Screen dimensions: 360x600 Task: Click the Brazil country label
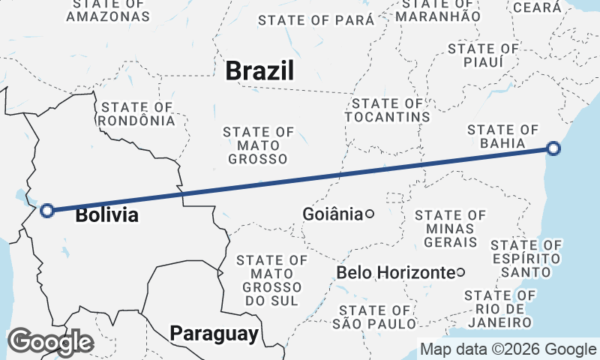pos(259,71)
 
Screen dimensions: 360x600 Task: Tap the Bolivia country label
pos(107,215)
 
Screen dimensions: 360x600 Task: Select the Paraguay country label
pos(214,333)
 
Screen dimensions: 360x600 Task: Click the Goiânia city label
pos(332,214)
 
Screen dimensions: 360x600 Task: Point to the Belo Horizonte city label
pos(396,271)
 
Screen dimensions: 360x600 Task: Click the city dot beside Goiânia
pos(370,214)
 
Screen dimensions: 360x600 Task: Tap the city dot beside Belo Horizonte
pos(460,271)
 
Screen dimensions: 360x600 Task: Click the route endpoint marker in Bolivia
pos(47,211)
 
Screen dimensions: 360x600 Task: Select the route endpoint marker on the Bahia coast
pos(553,148)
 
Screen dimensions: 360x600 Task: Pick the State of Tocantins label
pos(387,110)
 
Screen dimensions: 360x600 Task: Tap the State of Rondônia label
pos(137,114)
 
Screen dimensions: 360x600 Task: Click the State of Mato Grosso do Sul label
pos(271,280)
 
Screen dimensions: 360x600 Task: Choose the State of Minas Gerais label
pos(450,229)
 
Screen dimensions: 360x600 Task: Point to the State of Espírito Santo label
pos(526,257)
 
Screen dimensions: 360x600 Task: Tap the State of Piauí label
pos(483,55)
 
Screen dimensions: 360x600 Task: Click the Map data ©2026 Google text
pos(508,349)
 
